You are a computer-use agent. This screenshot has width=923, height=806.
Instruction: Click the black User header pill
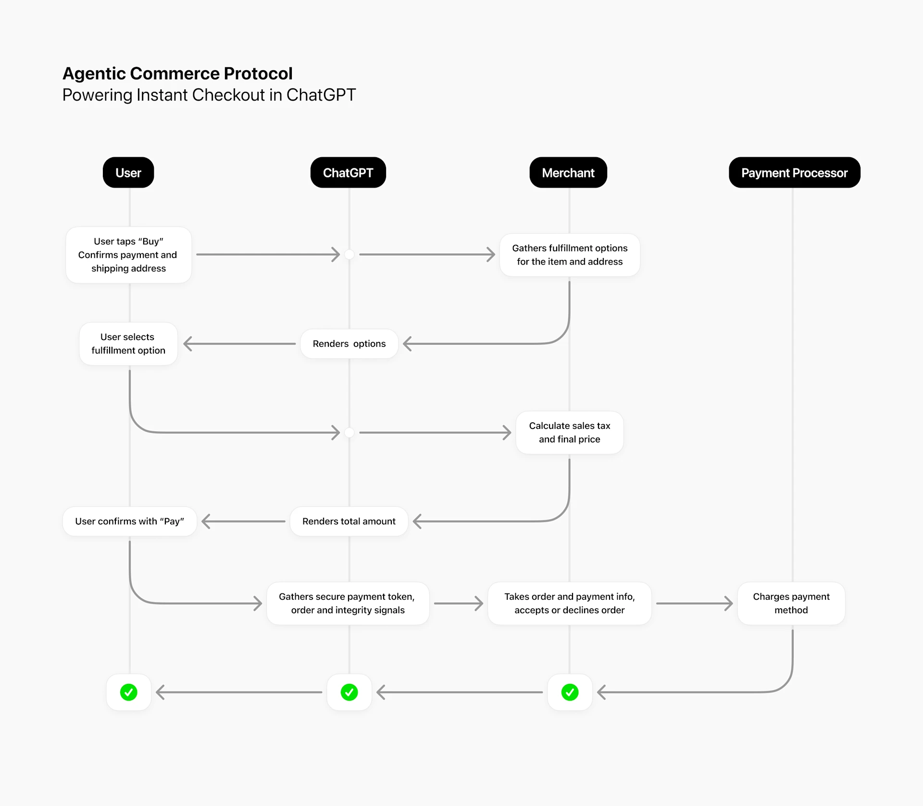pos(128,173)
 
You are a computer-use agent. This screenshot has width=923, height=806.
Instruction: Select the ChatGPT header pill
pos(348,173)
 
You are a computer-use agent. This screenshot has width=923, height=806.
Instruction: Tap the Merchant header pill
pos(568,173)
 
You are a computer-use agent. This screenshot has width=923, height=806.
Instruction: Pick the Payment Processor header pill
pos(794,173)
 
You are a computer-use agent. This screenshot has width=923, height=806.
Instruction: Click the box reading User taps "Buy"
pos(128,255)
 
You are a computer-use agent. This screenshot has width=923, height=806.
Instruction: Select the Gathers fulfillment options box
pos(570,255)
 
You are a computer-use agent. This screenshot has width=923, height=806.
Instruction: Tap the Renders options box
pos(349,344)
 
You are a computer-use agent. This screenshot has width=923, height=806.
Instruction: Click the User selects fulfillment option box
pos(128,344)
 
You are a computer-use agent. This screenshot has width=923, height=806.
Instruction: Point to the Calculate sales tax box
pos(570,432)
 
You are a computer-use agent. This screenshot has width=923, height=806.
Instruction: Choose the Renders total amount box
pos(349,521)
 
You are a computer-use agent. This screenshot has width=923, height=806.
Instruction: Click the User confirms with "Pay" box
pos(129,521)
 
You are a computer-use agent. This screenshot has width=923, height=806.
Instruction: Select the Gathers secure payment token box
pos(348,604)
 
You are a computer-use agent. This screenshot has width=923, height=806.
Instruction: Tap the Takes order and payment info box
pos(570,604)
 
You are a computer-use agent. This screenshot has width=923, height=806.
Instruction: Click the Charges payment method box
pos(791,604)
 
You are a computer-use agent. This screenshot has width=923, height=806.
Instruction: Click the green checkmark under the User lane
pos(129,693)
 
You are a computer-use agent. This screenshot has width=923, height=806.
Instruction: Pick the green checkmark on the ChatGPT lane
pos(349,693)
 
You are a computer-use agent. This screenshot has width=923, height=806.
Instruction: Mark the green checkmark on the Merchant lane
pos(570,693)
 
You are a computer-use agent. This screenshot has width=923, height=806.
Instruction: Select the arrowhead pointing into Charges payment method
pos(729,604)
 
